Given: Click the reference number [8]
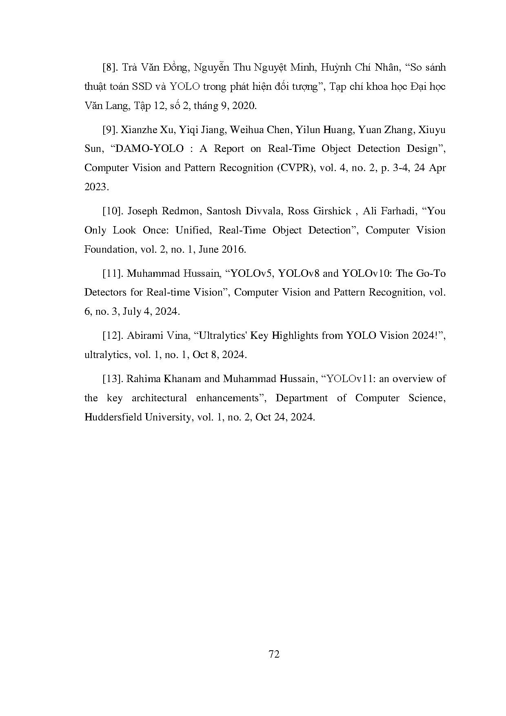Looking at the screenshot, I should [x=110, y=68].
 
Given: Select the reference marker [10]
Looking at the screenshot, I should [x=113, y=211].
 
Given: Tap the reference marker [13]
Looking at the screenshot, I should [x=113, y=379].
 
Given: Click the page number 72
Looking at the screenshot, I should [x=274, y=654].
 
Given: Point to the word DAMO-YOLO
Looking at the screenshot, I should [x=150, y=149].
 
